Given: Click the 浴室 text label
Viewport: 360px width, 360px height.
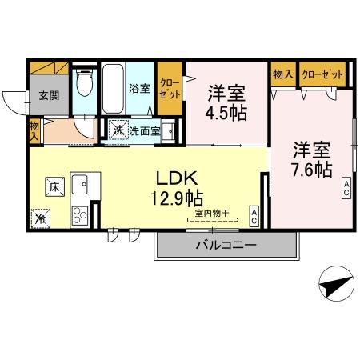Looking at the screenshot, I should point(139,89).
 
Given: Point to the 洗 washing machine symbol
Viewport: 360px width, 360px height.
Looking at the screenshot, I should point(118,130).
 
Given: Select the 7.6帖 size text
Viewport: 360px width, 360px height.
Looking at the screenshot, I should point(311,170).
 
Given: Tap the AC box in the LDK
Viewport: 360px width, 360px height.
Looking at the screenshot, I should point(253,214).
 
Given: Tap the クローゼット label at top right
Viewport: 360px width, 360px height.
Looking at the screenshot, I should point(323,74).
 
